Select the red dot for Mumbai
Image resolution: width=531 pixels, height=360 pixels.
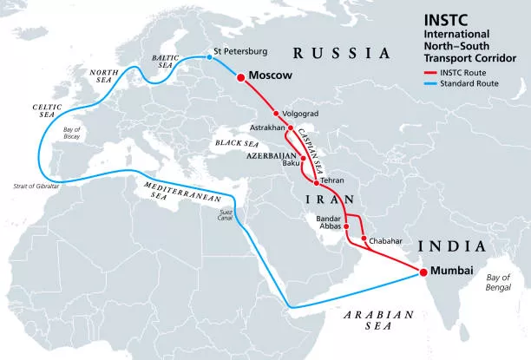tap(423, 272)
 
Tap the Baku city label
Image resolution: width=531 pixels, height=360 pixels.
tap(291, 163)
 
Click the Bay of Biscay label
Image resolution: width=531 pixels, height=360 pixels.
tap(75, 134)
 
